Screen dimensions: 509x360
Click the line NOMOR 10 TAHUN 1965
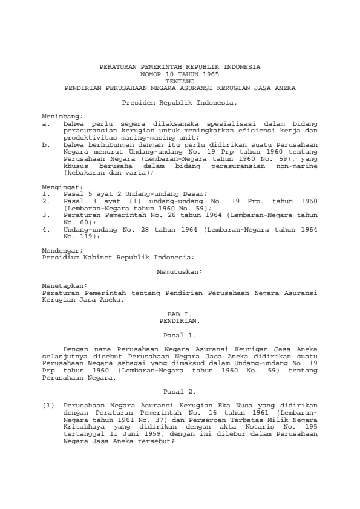click(x=179, y=73)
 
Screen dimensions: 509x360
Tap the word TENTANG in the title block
click(x=179, y=80)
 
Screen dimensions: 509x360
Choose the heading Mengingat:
click(x=61, y=187)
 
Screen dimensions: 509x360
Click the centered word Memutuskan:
click(x=179, y=273)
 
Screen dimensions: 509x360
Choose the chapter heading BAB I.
click(x=179, y=315)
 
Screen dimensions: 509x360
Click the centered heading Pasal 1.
click(x=179, y=334)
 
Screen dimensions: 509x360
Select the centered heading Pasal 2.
click(x=179, y=391)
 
